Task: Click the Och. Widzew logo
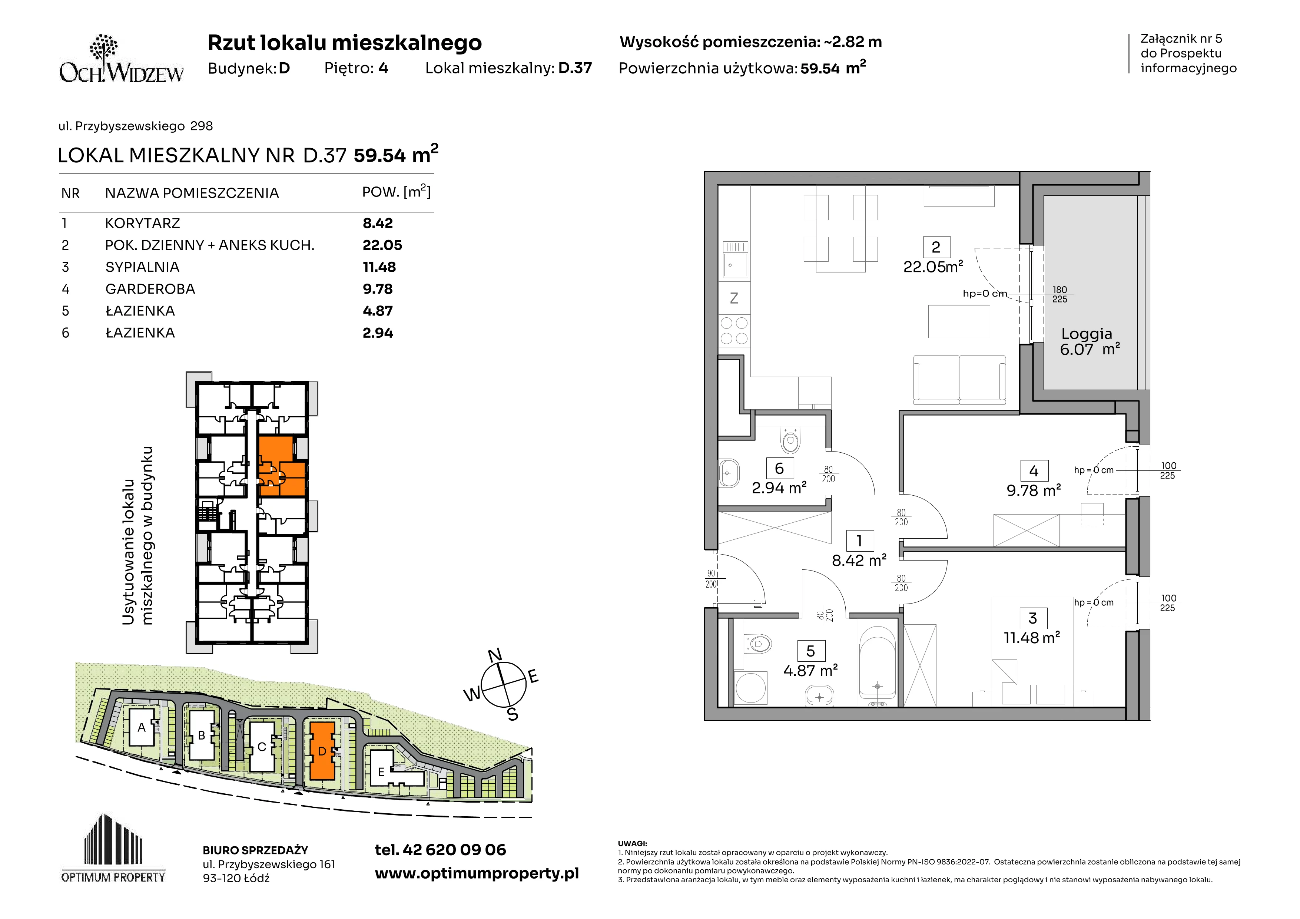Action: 121,59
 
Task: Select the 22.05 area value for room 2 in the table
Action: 382,245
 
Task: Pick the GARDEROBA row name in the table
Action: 150,289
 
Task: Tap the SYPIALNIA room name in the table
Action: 142,267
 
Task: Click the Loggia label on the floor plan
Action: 1087,334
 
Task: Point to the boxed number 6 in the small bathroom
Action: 779,468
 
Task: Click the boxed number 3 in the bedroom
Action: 1033,618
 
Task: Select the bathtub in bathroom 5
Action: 877,667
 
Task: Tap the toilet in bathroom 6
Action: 790,439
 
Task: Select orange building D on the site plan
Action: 322,751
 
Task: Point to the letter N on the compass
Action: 495,656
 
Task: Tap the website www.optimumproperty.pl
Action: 477,874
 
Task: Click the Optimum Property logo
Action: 113,848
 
